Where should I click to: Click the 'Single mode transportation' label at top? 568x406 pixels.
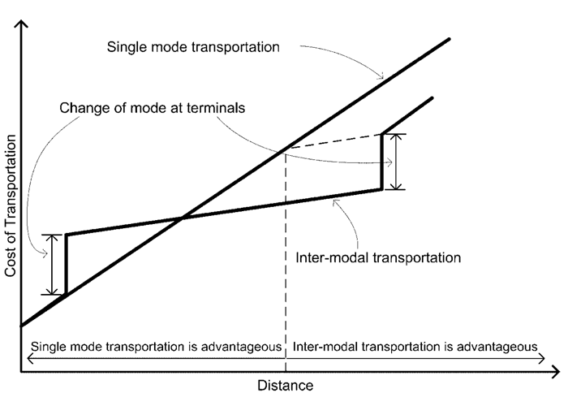pos(193,46)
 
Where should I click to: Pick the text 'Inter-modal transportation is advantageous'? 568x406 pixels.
pos(414,344)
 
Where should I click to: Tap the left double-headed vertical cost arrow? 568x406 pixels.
pos(52,265)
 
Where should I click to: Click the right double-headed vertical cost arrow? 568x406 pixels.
pos(395,162)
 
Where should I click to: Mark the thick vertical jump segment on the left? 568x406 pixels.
pos(66,264)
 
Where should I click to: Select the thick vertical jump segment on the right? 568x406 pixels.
pos(382,161)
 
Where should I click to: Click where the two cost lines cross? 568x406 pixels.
pos(182,217)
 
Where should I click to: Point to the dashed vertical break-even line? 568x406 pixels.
pos(286,260)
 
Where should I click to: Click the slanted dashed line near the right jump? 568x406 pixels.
pos(333,141)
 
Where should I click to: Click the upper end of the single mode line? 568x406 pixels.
pos(449,38)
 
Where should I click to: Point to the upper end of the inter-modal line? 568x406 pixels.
pos(432,98)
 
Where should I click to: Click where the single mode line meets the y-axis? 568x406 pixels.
pos(23,325)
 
